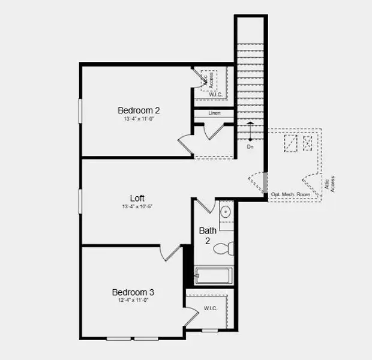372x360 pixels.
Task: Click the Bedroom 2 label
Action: coord(139,110)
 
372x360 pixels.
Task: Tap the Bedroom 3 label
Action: coord(133,292)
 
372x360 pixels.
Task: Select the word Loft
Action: coord(137,198)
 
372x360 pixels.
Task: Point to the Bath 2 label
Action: coord(208,235)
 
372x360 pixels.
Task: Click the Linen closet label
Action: coord(214,113)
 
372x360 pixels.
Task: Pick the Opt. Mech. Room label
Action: coord(290,194)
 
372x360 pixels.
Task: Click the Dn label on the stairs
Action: coord(250,146)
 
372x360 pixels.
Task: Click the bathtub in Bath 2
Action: coord(213,276)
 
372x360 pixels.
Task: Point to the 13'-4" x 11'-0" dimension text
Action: coord(139,119)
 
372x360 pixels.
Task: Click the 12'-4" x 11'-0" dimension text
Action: coord(133,301)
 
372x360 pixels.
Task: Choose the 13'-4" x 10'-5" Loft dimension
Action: coord(137,207)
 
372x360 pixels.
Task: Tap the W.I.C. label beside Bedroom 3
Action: coord(211,308)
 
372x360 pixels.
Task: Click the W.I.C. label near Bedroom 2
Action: coord(216,95)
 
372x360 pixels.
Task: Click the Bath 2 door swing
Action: coord(203,205)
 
